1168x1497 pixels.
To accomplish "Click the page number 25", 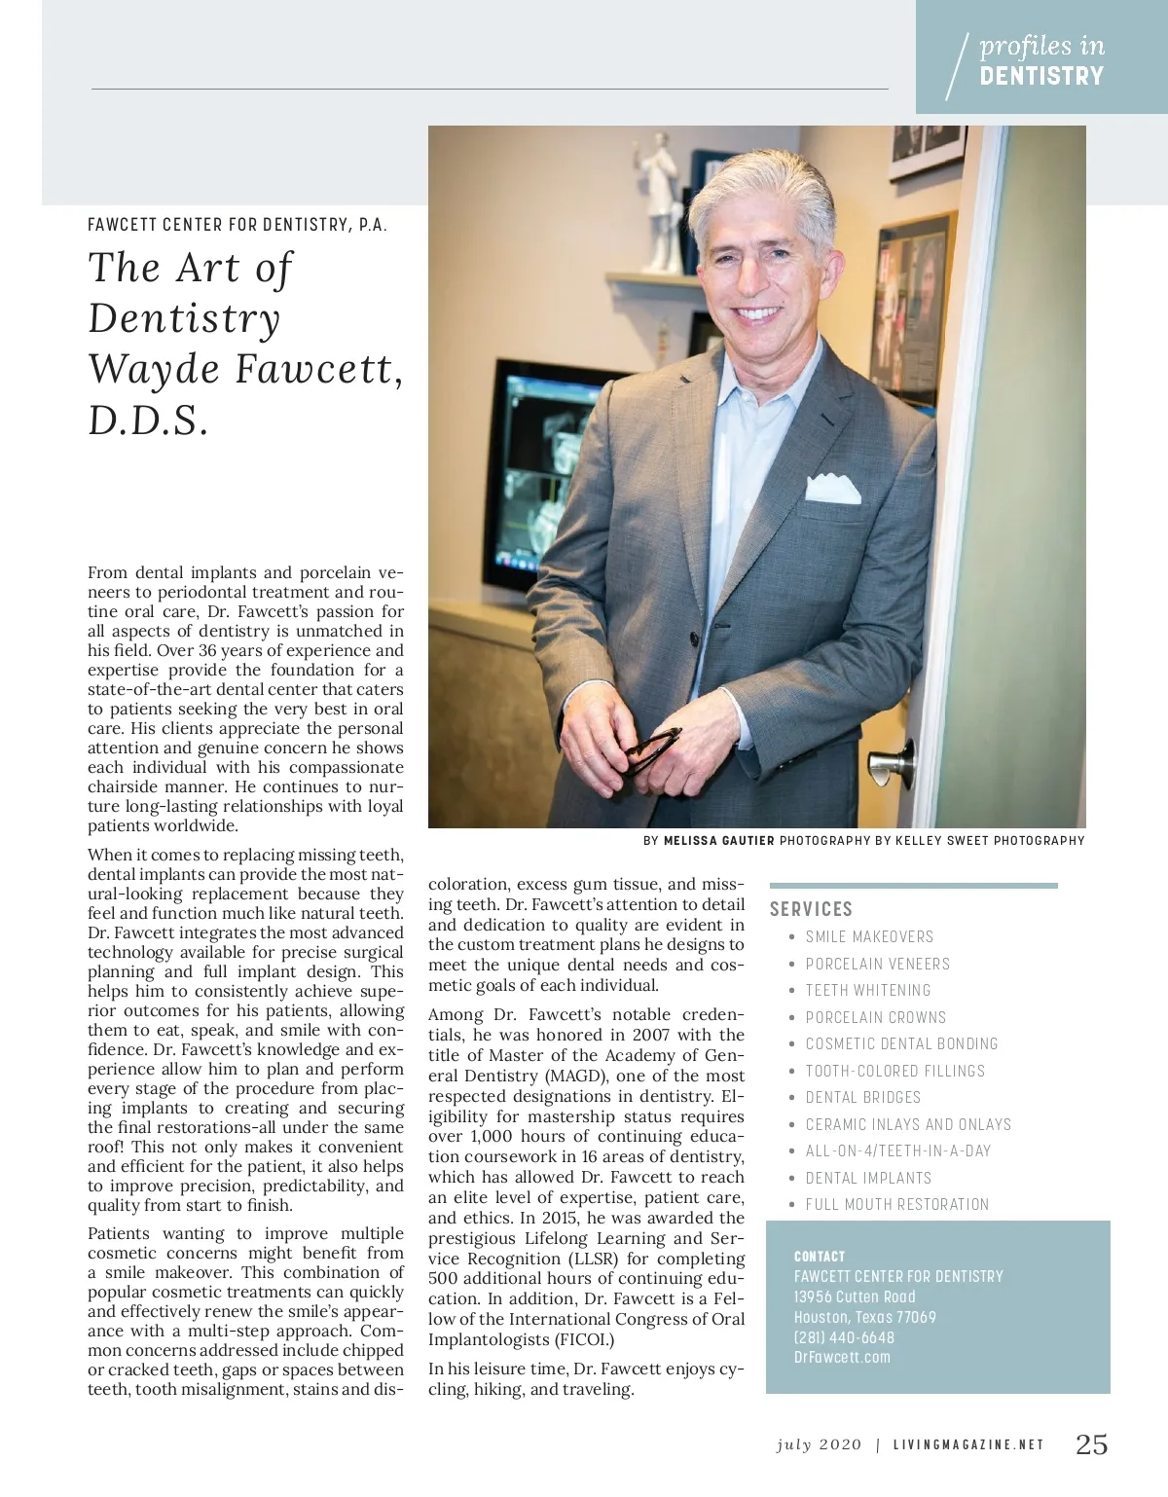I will coord(1091,1444).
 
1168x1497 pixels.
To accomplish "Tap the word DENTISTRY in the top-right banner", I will coord(1041,76).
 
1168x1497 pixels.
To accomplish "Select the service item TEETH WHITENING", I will coord(867,990).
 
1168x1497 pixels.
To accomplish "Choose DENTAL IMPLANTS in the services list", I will coord(868,1178).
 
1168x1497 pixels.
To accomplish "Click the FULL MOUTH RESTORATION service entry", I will coord(896,1204).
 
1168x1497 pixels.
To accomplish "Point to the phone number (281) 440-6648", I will coord(844,1337).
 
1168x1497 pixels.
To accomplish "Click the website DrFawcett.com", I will coord(842,1357).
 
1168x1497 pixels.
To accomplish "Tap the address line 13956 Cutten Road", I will coord(855,1296).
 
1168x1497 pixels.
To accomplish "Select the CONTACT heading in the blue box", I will coord(820,1257).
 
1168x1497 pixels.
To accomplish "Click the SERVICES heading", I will coord(811,909).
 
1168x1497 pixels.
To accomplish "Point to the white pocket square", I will coord(832,487).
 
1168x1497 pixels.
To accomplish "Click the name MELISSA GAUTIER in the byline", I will coord(718,841).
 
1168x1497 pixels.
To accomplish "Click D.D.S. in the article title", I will coord(148,420).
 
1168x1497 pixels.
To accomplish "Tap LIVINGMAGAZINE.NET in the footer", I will coord(968,1445).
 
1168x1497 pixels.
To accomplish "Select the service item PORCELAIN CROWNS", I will coord(875,1017).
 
